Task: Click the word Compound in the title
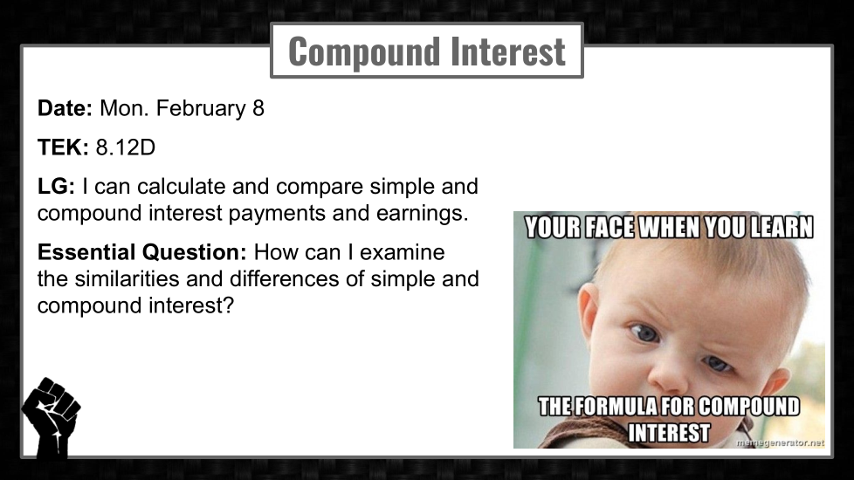(x=364, y=51)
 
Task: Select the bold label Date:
(x=65, y=108)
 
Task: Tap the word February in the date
(x=201, y=109)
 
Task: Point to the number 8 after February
(x=258, y=108)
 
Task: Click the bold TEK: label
(x=63, y=147)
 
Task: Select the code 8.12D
(x=126, y=147)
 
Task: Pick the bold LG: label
(x=56, y=187)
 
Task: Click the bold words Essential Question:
(x=141, y=252)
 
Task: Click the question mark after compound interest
(x=228, y=305)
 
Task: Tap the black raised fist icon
(x=52, y=417)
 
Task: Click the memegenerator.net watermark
(x=780, y=443)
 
